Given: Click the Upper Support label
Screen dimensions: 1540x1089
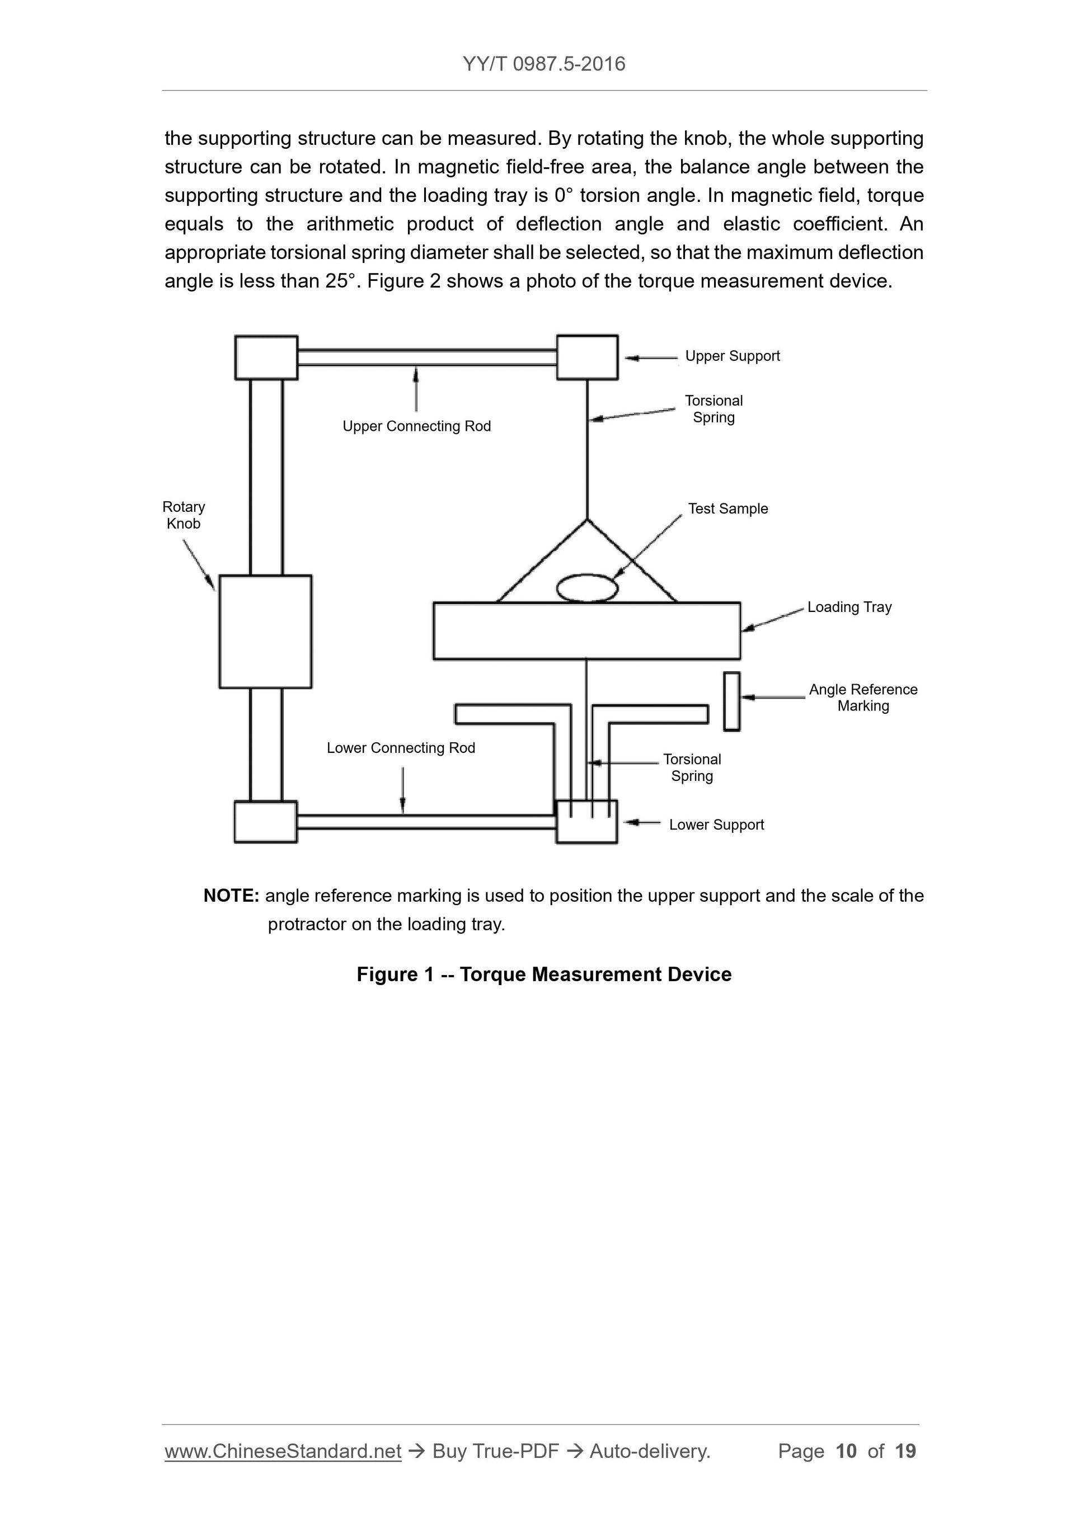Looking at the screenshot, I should point(732,356).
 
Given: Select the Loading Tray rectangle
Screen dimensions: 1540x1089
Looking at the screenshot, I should point(586,630).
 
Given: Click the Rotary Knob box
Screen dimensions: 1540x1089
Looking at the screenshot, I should point(265,631).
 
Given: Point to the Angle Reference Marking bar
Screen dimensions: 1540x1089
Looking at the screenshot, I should point(731,701).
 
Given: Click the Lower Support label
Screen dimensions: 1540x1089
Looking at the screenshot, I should point(716,825).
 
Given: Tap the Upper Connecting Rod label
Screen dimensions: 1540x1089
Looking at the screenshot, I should point(417,427).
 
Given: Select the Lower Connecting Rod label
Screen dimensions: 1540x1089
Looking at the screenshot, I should point(401,748).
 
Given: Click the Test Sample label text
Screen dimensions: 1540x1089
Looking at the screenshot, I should point(727,509).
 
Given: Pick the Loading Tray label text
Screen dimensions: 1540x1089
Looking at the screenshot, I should point(849,607).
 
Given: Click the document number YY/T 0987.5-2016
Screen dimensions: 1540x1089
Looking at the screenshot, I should point(543,64).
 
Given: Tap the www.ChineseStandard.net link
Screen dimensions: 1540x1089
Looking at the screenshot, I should point(283,1452).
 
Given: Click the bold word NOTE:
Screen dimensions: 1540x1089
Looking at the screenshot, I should point(231,896).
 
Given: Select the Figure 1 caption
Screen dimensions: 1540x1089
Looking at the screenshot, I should point(543,974).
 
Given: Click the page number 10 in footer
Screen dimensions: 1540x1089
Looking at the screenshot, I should point(846,1452).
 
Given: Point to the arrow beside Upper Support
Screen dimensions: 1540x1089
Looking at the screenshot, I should point(651,358).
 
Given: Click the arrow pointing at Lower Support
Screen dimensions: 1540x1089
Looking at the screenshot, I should point(642,822).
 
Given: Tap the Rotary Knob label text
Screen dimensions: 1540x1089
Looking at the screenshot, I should point(183,515).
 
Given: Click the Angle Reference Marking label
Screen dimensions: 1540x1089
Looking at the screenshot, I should point(863,698).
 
